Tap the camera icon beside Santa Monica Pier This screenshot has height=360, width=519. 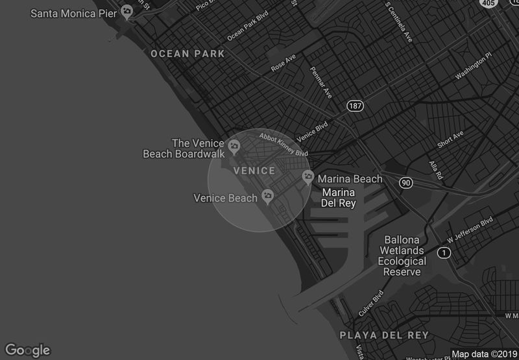click(128, 11)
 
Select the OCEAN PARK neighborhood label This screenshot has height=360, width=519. click(187, 54)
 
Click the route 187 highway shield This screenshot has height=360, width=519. click(354, 106)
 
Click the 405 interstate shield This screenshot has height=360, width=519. click(489, 3)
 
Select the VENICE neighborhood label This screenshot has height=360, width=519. click(254, 171)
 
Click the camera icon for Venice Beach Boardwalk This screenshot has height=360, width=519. click(234, 144)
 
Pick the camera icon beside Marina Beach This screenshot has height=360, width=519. click(308, 176)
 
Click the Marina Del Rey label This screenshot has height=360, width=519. click(339, 197)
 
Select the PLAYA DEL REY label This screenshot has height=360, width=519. click(384, 335)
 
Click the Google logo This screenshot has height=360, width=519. click(27, 350)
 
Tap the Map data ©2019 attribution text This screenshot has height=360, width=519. click(483, 354)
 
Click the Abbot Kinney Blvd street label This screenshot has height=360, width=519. click(284, 145)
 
